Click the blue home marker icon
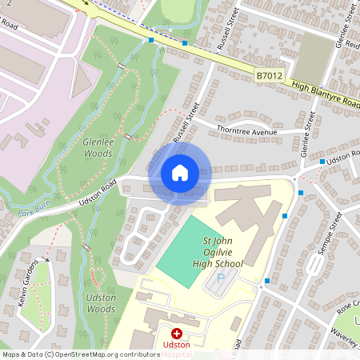pos(179,173)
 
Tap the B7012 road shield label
pos(270,75)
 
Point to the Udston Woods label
pos(101,303)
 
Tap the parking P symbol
pos(222,278)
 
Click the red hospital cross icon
pos(176,332)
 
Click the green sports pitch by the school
pos(189,251)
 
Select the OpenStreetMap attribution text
pos(81,354)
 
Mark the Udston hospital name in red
pos(176,345)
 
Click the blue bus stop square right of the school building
pos(286,215)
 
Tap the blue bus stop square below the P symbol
pos(267,281)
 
